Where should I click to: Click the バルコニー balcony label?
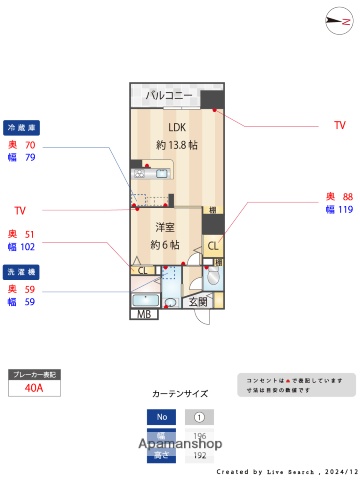(168, 96)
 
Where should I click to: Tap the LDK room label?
(177, 127)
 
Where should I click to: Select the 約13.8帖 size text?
(177, 145)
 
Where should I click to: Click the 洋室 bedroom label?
(165, 227)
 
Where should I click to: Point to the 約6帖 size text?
(165, 245)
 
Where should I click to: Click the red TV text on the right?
(339, 126)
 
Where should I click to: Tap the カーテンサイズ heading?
(180, 395)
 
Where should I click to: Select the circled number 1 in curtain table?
(199, 417)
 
